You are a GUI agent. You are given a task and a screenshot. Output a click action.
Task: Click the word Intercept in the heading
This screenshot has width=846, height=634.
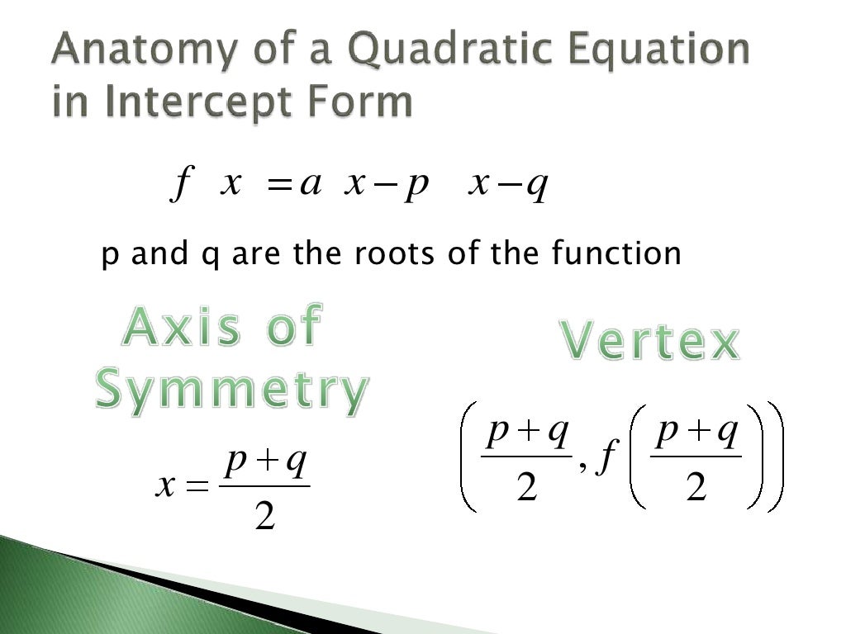pyautogui.click(x=186, y=102)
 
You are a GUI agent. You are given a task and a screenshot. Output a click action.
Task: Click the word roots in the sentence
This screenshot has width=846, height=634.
pyautogui.click(x=392, y=254)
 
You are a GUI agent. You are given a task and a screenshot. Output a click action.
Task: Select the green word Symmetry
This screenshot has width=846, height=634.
pyautogui.click(x=231, y=390)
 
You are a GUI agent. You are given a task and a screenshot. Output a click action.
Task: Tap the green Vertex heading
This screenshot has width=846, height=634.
pyautogui.click(x=650, y=341)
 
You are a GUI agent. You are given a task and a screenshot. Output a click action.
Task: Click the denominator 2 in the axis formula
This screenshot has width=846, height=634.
pyautogui.click(x=264, y=518)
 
